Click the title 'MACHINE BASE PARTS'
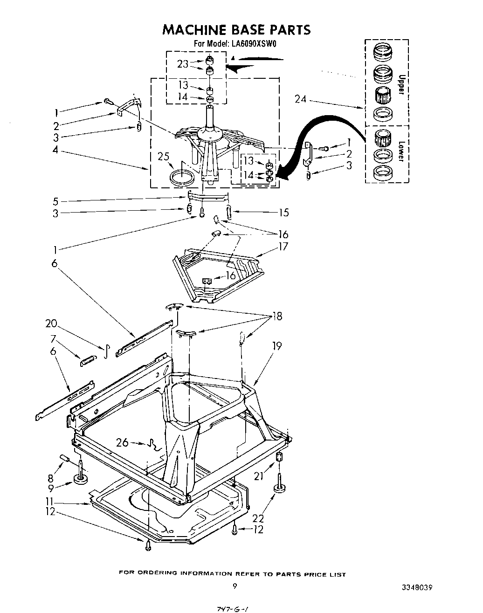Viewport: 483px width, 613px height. point(236,30)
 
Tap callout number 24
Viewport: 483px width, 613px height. point(301,99)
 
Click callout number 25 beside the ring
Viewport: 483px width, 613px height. point(164,157)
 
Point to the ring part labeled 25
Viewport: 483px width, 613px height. point(181,178)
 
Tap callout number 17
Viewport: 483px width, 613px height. point(283,247)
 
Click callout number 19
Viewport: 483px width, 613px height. point(277,346)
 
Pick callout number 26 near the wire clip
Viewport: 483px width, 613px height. point(122,442)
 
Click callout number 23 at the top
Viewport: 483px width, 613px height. point(183,64)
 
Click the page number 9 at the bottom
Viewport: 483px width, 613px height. point(235,586)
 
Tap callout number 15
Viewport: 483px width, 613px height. point(283,213)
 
